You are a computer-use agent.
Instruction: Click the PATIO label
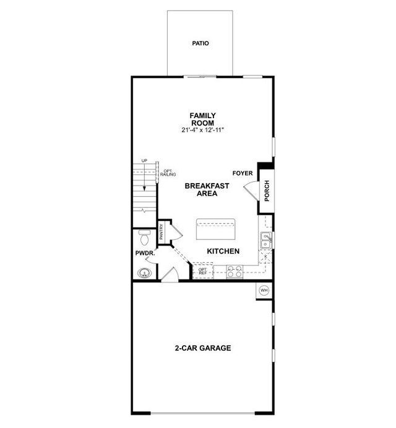200,43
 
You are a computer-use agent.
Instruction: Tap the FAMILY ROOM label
203,119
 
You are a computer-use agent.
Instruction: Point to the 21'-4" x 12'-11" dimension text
203,131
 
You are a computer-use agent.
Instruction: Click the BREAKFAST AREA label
207,189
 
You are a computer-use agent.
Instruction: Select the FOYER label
243,173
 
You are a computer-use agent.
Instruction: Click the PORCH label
267,190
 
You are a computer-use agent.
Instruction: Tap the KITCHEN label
223,251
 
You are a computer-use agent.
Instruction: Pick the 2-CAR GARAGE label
203,348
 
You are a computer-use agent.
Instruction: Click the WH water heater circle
264,290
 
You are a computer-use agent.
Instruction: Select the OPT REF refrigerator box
203,271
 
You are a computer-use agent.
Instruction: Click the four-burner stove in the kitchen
235,272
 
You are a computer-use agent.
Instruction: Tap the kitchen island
216,229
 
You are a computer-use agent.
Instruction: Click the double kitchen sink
266,240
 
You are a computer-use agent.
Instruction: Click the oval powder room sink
144,273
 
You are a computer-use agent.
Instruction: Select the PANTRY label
161,231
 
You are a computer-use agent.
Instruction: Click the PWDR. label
145,254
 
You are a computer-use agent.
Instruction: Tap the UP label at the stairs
144,161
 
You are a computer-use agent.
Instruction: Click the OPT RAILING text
168,173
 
